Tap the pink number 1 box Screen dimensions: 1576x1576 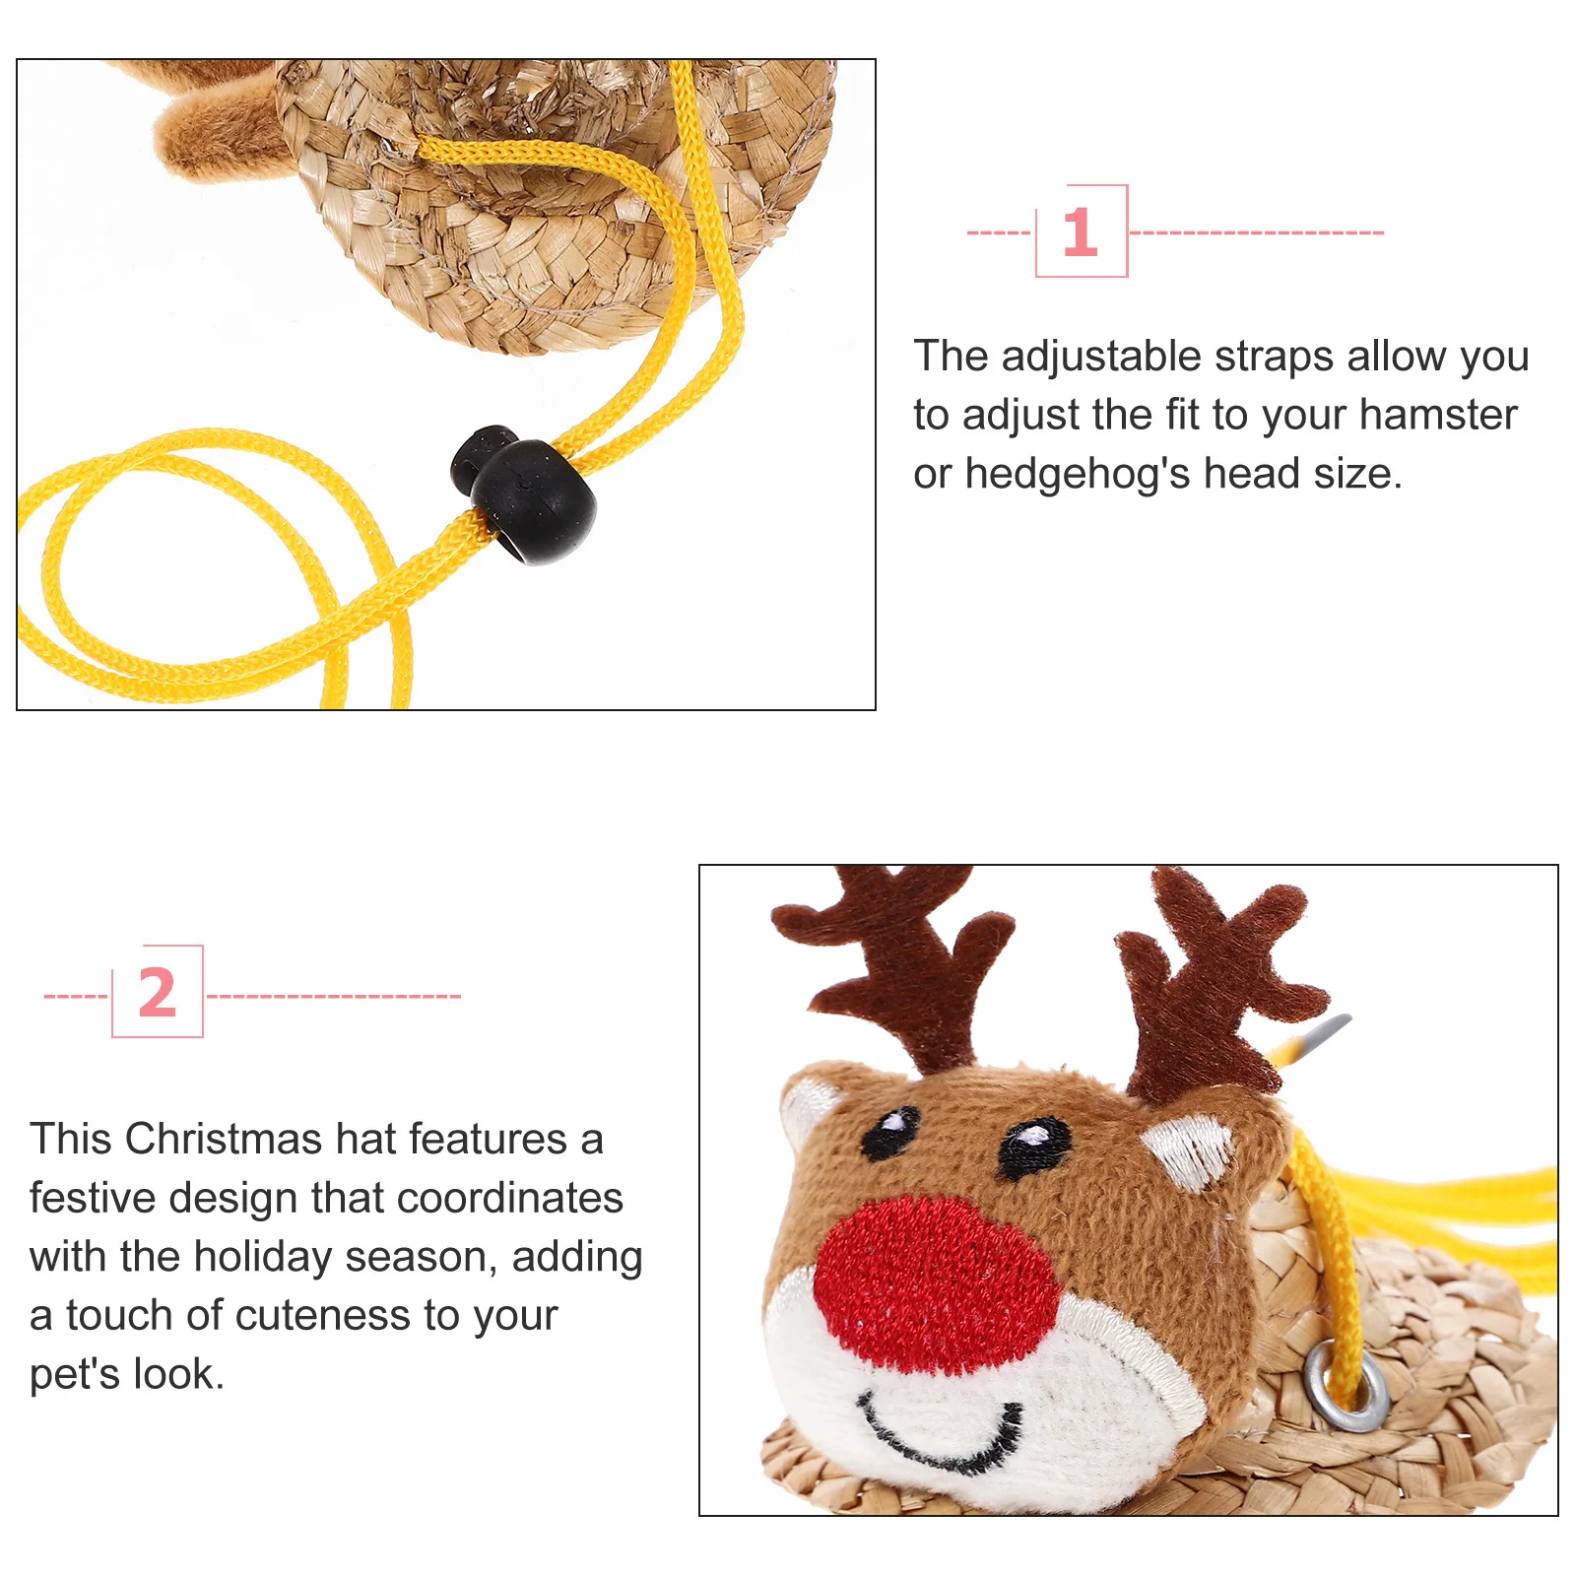click(x=1081, y=231)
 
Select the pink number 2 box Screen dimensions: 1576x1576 click(x=158, y=992)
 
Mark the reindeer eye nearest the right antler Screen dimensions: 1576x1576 click(x=1034, y=1143)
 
